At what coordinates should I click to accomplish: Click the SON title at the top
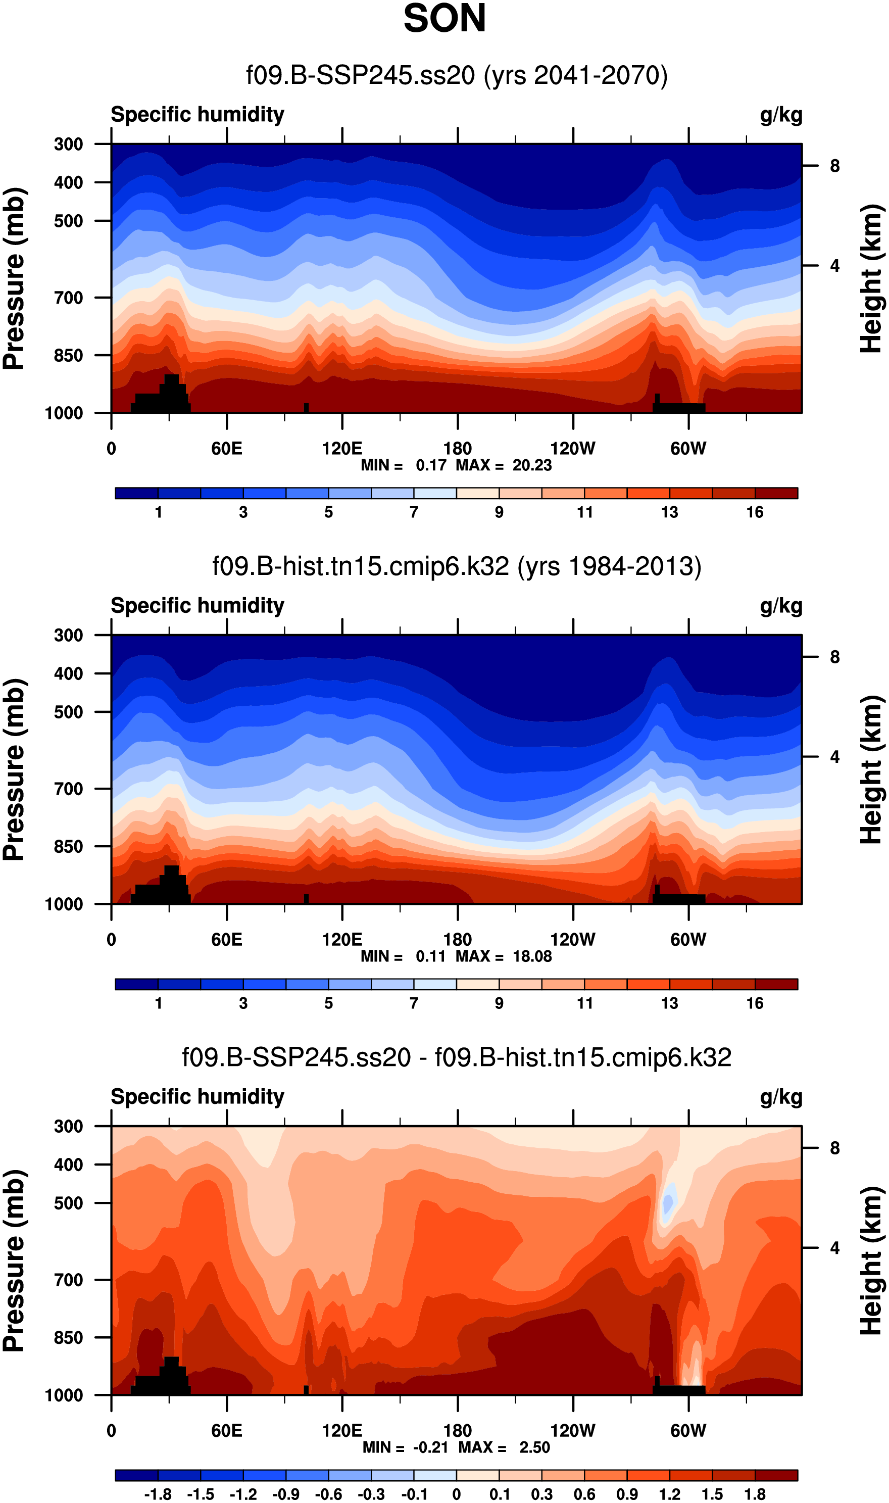coord(444,19)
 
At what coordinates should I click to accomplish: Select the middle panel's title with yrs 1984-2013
coord(457,566)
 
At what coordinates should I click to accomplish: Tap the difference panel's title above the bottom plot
coord(457,1057)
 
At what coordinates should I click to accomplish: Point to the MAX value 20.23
coord(532,465)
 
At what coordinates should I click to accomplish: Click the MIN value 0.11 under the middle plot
coord(431,956)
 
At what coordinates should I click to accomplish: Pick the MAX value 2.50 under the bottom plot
coord(534,1447)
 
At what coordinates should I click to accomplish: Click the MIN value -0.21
coord(431,1447)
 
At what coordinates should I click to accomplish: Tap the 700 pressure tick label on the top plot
coord(68,298)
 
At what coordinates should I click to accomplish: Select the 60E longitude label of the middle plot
coord(226,939)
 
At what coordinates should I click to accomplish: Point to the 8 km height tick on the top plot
coord(834,166)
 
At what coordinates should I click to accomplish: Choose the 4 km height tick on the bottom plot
coord(834,1247)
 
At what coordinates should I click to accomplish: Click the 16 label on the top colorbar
coord(755,512)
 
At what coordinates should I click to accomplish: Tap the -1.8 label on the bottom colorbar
coord(158,1494)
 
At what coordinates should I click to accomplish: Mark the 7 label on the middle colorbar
coord(413,1003)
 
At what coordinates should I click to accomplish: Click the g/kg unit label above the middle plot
coord(781,606)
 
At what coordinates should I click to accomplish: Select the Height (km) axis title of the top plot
coord(872,278)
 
